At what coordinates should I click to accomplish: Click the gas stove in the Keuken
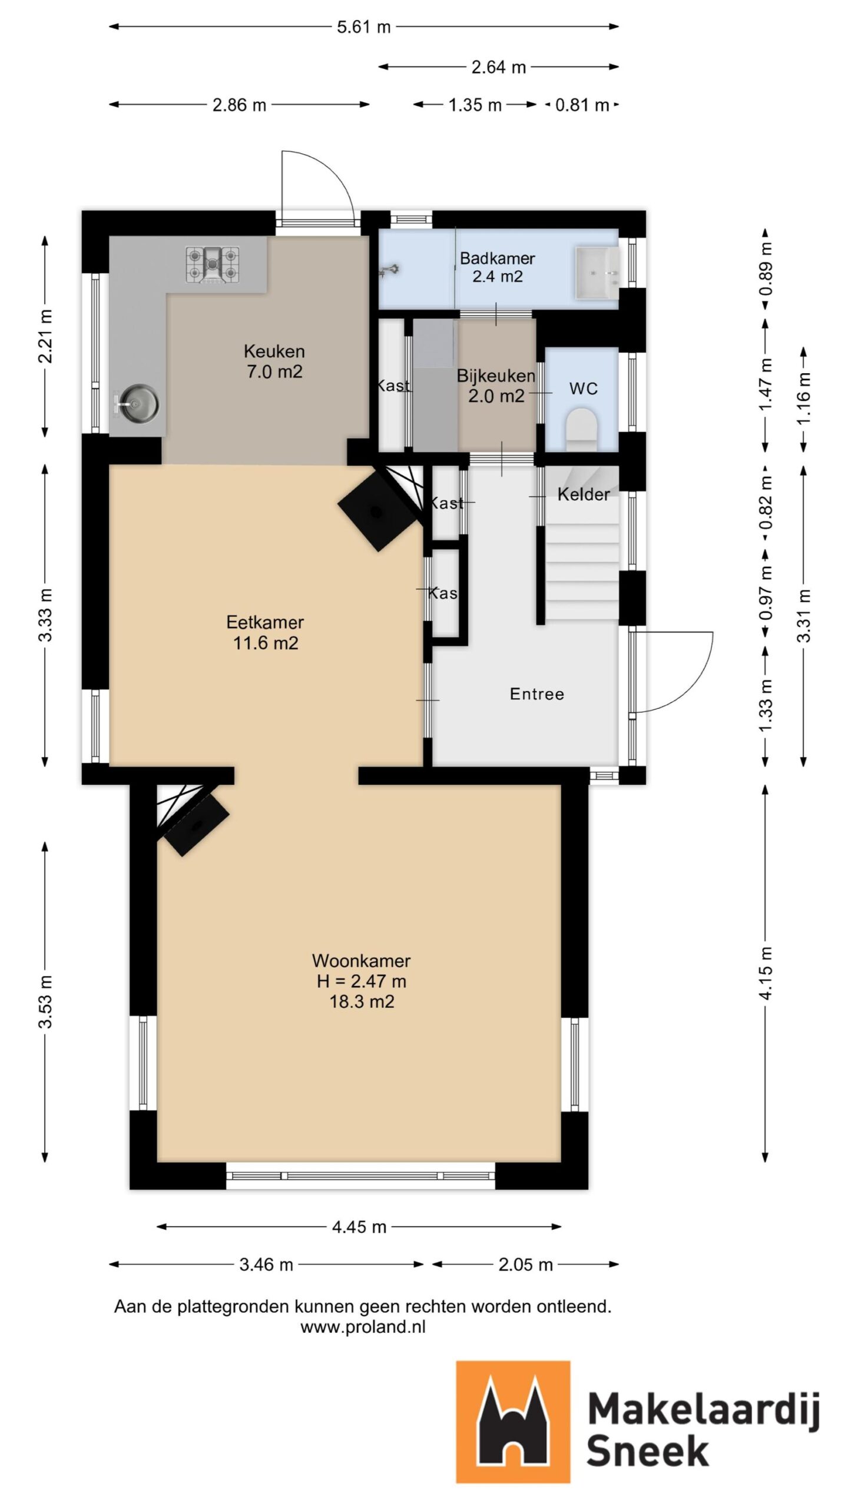tap(213, 265)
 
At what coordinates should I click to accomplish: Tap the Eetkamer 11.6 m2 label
tap(265, 632)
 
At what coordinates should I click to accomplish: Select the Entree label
tap(536, 694)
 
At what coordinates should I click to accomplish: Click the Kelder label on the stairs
tap(583, 494)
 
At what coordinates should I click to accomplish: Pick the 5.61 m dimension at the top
tap(363, 27)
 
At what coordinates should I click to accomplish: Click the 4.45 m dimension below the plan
tap(359, 1226)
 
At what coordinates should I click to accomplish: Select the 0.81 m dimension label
tap(581, 105)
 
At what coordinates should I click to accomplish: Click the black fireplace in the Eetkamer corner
tap(377, 511)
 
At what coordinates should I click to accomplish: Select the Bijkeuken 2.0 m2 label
tap(496, 386)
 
